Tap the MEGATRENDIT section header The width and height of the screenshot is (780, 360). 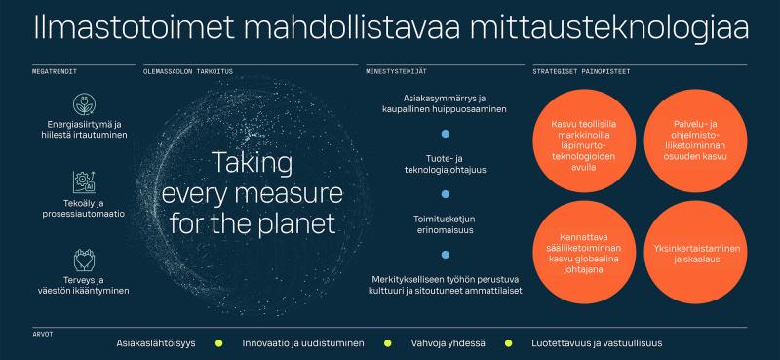tap(55, 71)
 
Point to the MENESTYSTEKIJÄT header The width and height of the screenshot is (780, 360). tap(397, 71)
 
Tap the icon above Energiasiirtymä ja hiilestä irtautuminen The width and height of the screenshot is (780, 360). tap(83, 105)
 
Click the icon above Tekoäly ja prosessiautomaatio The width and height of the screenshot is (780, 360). tap(83, 181)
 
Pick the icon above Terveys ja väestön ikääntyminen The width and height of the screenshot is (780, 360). tap(83, 259)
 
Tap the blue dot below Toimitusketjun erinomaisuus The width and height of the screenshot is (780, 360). tap(446, 255)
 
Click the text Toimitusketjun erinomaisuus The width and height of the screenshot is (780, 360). tap(446, 224)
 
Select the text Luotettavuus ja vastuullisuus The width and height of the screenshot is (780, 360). tap(610, 343)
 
